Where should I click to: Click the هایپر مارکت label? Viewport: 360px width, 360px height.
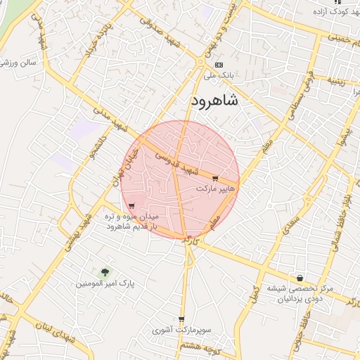point(214,190)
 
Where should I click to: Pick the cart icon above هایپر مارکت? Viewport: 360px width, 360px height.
point(215,179)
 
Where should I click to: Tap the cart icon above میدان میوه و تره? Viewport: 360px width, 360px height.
point(131,206)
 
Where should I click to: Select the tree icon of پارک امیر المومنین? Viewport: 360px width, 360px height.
point(105,271)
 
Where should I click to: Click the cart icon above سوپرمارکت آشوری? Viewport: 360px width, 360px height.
point(181,319)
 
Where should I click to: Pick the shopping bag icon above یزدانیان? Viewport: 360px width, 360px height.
point(300,278)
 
